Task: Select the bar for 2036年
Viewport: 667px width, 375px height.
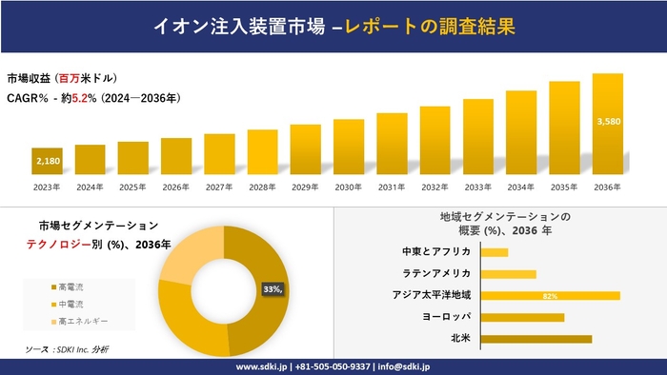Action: click(607, 125)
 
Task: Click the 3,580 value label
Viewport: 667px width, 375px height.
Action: click(607, 122)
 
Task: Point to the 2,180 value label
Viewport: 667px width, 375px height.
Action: click(47, 162)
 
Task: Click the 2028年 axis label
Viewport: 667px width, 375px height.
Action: click(262, 187)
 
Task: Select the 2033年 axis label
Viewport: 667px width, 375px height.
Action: click(477, 187)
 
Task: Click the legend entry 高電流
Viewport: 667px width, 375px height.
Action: click(71, 286)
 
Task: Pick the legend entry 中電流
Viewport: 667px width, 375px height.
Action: click(71, 304)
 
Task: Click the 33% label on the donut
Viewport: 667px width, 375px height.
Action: click(272, 289)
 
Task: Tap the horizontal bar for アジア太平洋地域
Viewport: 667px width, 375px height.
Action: click(551, 295)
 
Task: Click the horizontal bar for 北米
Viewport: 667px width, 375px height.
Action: click(536, 338)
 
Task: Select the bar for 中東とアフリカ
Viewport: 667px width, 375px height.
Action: click(495, 252)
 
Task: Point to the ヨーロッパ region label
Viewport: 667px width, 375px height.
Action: click(444, 317)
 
